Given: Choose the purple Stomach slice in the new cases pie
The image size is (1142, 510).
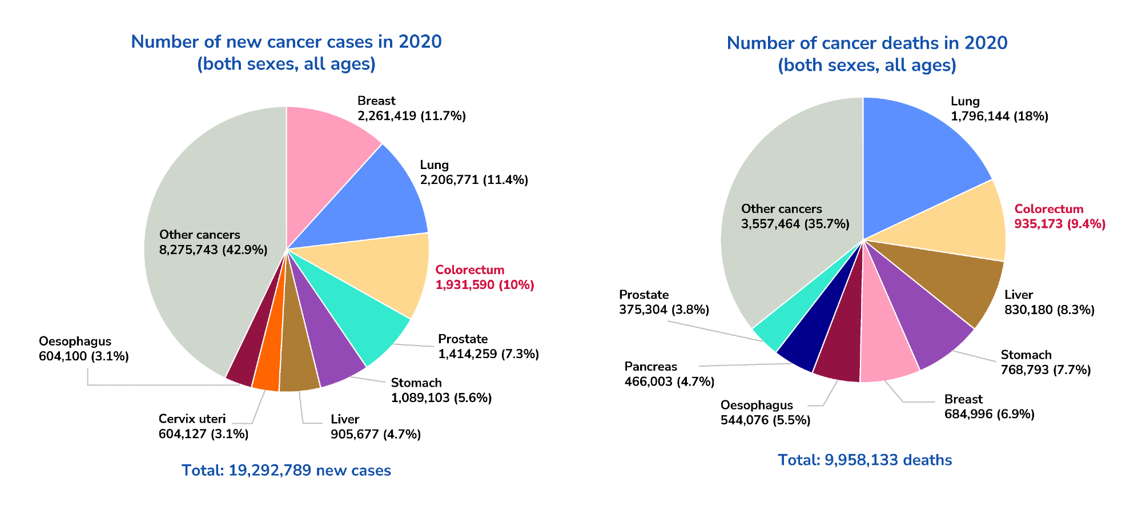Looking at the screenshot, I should coord(331,354).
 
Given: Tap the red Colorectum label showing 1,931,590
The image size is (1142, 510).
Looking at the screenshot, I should coord(484,278).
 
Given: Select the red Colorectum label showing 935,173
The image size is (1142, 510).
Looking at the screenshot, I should coord(1059,216).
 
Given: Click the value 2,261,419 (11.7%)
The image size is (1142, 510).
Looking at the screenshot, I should coord(411,116).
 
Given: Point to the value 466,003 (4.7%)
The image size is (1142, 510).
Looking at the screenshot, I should coord(669,382).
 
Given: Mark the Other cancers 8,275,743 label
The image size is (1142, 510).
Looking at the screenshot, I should coord(213,242).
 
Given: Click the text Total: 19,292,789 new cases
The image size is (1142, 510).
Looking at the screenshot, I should coord(286,471).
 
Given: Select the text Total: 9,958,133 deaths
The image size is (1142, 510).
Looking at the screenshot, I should coord(864,460).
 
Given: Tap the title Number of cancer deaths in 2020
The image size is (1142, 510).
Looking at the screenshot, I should coord(867,43).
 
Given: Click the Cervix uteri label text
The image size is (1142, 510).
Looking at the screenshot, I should coord(192,419).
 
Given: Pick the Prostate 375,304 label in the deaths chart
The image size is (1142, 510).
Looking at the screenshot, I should coord(664,302).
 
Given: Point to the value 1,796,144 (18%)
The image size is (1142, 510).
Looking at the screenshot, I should coord(999,117).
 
